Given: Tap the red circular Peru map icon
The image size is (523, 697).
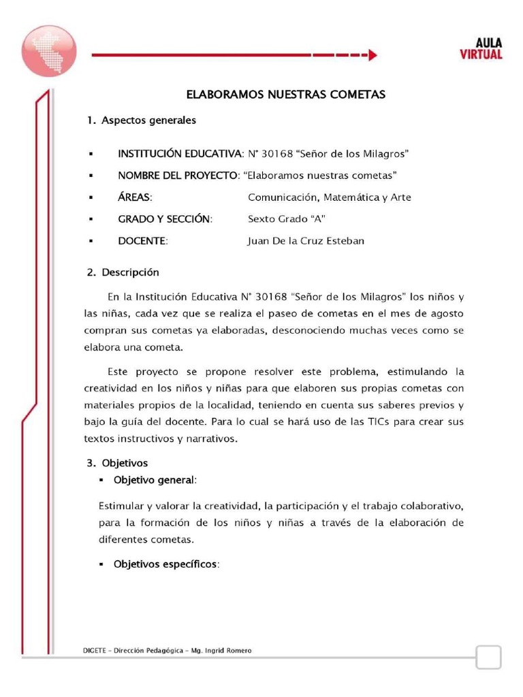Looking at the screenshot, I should click(x=48, y=51).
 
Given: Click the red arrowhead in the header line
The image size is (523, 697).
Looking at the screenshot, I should click(x=372, y=56).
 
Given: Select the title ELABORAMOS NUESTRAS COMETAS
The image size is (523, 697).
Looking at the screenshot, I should click(x=286, y=95).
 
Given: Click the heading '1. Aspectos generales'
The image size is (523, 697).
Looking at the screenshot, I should click(x=142, y=120).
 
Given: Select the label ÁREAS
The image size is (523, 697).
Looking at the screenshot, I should click(x=135, y=197).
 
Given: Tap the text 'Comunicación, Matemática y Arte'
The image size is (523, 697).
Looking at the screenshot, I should click(x=329, y=197).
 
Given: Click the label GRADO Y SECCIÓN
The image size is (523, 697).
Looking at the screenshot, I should click(x=165, y=219).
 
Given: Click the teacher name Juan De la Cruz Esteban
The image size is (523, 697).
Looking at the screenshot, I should click(x=306, y=241).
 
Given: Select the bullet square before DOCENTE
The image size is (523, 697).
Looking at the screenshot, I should click(x=90, y=242).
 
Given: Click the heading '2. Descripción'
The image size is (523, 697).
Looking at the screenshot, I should click(x=123, y=272).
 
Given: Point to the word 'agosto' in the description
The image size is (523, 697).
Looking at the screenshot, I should click(x=447, y=314).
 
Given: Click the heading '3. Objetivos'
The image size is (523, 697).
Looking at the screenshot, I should click(x=117, y=463).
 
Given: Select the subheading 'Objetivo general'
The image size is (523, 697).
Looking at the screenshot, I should click(x=154, y=480).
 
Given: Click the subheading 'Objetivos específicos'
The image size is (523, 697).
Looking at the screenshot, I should click(x=164, y=564).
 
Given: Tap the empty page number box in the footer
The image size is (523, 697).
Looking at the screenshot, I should click(x=488, y=658).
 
